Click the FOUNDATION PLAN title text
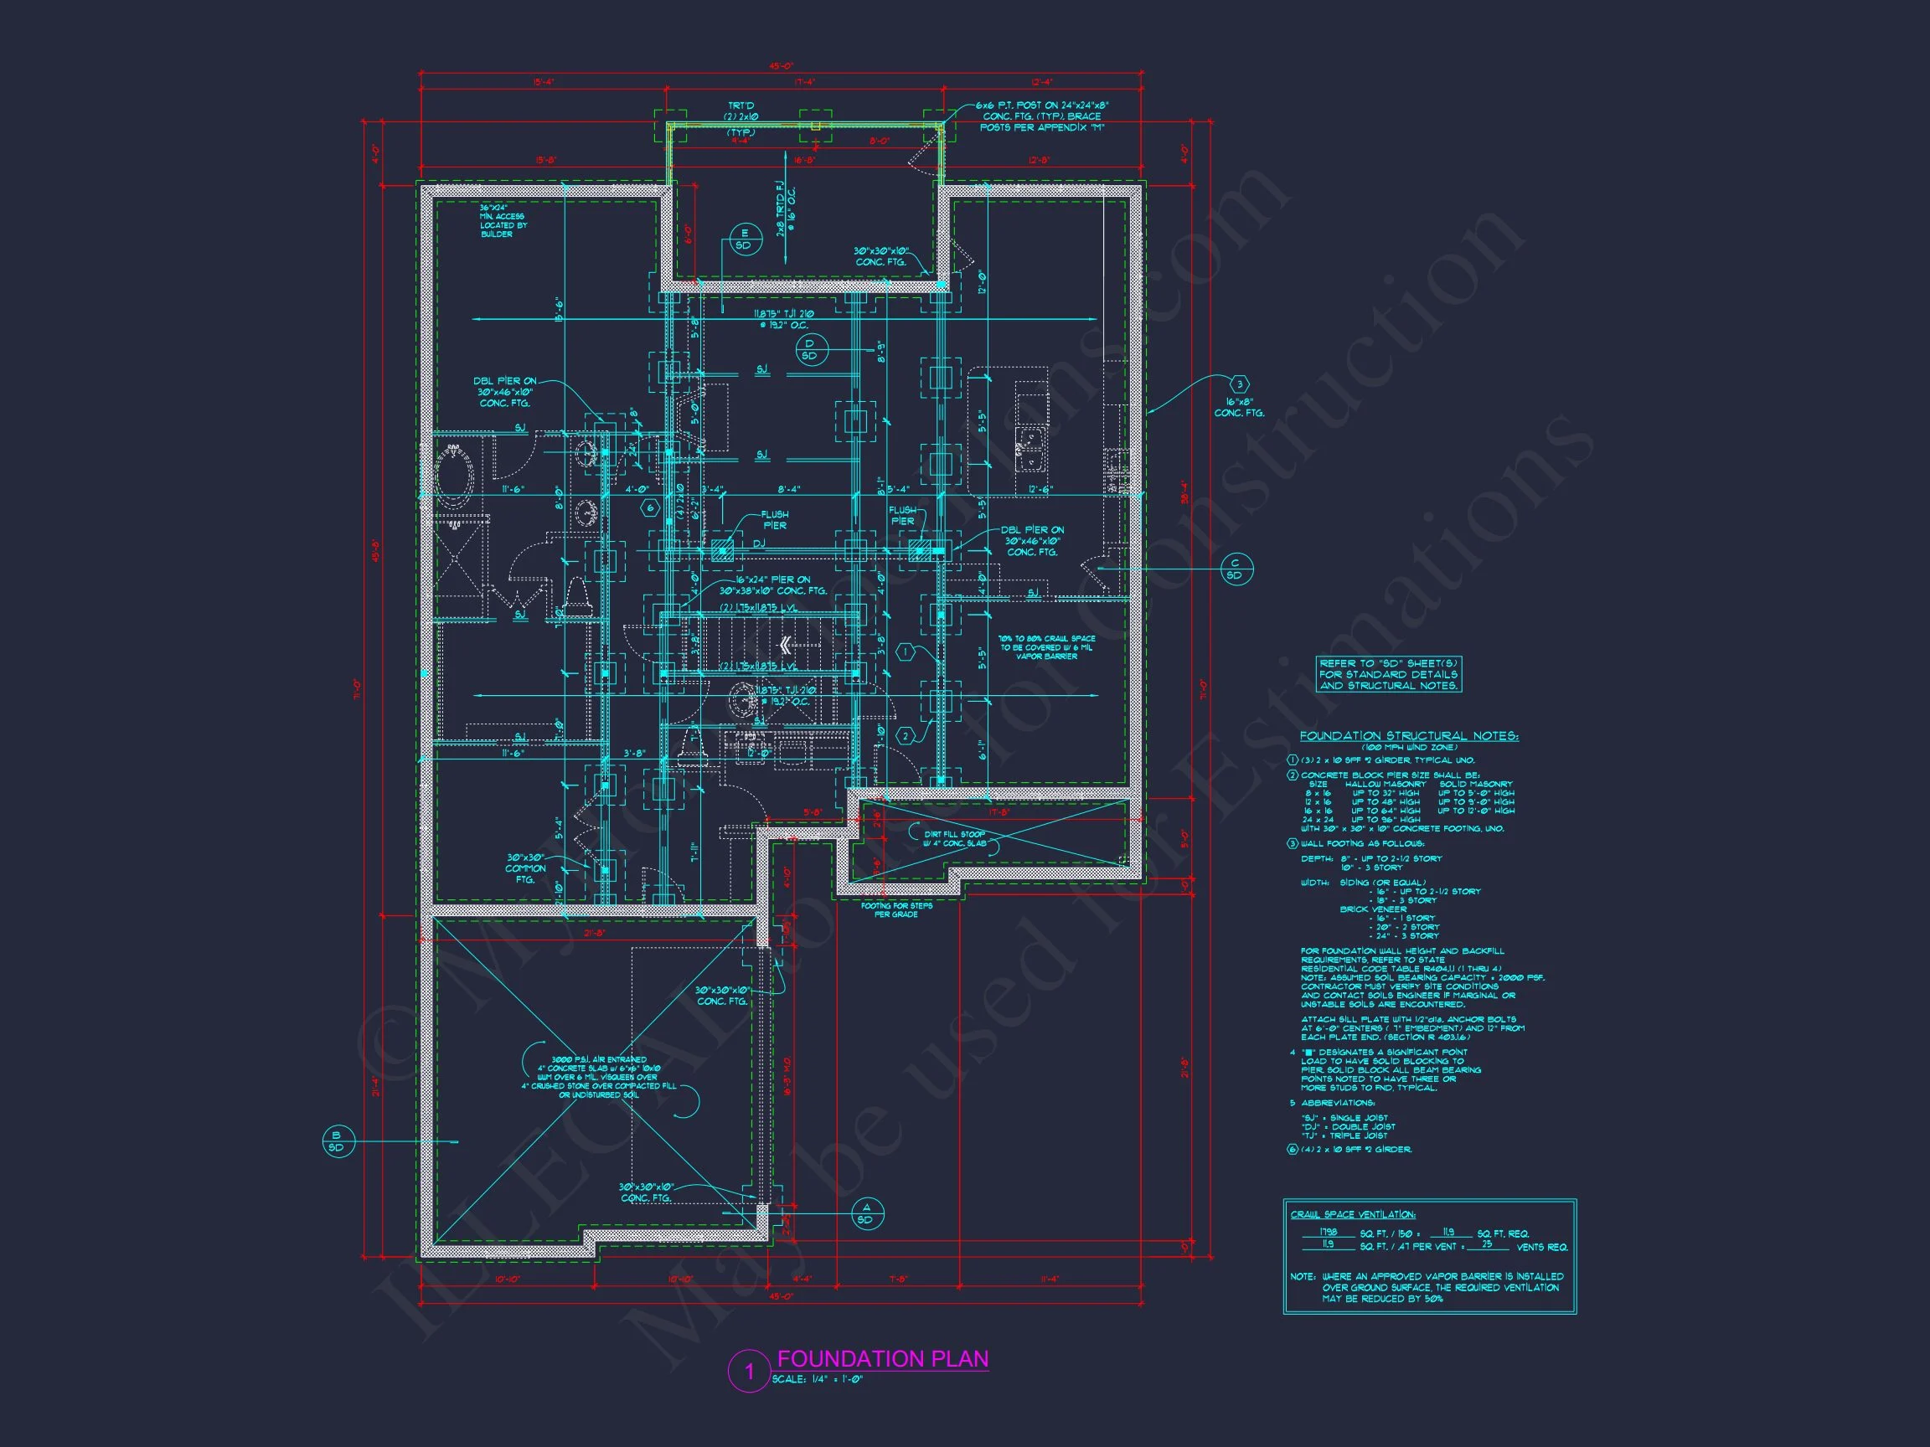point(882,1359)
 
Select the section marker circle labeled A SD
point(865,1213)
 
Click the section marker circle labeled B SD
point(337,1141)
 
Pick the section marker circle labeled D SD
point(809,349)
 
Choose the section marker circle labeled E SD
point(744,239)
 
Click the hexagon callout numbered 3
point(1239,384)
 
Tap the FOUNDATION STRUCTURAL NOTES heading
point(1408,736)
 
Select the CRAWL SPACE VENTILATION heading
point(1352,1215)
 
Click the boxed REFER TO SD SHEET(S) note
point(1388,674)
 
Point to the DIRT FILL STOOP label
point(955,838)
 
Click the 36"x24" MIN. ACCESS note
point(503,221)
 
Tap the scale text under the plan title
point(817,1380)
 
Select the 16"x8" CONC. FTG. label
point(1239,407)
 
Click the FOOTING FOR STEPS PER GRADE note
point(896,909)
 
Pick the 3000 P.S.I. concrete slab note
point(599,1077)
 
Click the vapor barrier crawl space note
point(1047,647)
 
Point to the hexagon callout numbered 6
point(649,507)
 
